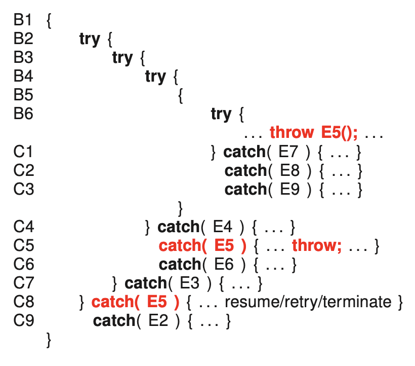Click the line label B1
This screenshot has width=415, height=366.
tap(23, 21)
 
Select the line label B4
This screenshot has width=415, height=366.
tap(23, 77)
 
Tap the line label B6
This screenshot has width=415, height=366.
tap(23, 114)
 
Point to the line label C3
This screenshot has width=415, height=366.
tap(23, 189)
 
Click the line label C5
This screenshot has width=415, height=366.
tap(23, 245)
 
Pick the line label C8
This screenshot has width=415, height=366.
tap(23, 302)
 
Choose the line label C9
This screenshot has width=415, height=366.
tap(23, 320)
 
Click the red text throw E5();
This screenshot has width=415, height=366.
tap(314, 133)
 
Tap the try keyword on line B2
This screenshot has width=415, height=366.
tap(90, 39)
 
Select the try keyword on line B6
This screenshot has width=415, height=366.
tap(221, 114)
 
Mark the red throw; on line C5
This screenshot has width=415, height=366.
tap(317, 245)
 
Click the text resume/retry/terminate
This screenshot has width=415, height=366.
tap(308, 302)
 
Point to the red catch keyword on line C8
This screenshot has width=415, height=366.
tap(113, 302)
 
